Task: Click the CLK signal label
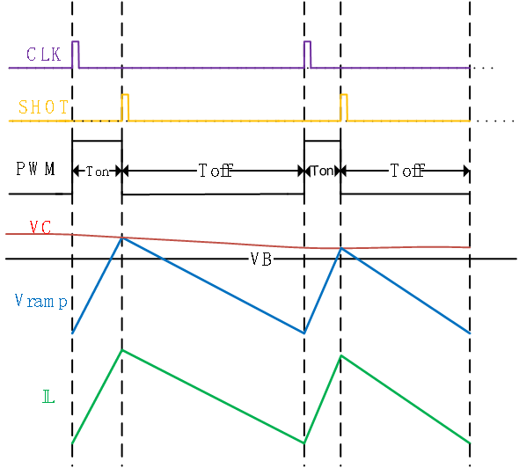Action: tap(43, 55)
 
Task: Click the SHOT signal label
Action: tap(43, 107)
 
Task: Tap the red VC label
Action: tap(40, 227)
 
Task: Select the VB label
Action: tap(260, 259)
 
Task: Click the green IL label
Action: tap(48, 398)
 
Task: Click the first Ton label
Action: tap(97, 171)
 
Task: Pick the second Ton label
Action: tap(322, 171)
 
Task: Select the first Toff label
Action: tap(213, 171)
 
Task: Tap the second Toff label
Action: tap(405, 171)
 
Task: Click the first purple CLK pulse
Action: tap(76, 53)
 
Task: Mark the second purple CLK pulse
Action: tap(307, 53)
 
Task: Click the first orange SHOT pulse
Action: tap(125, 106)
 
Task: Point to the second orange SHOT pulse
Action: tap(344, 106)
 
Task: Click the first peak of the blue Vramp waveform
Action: tap(121, 238)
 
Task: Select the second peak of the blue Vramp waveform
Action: tap(340, 249)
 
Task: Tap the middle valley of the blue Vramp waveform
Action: tap(304, 333)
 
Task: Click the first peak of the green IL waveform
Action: tap(121, 350)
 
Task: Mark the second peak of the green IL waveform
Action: tap(340, 355)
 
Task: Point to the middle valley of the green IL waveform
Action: tap(304, 442)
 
